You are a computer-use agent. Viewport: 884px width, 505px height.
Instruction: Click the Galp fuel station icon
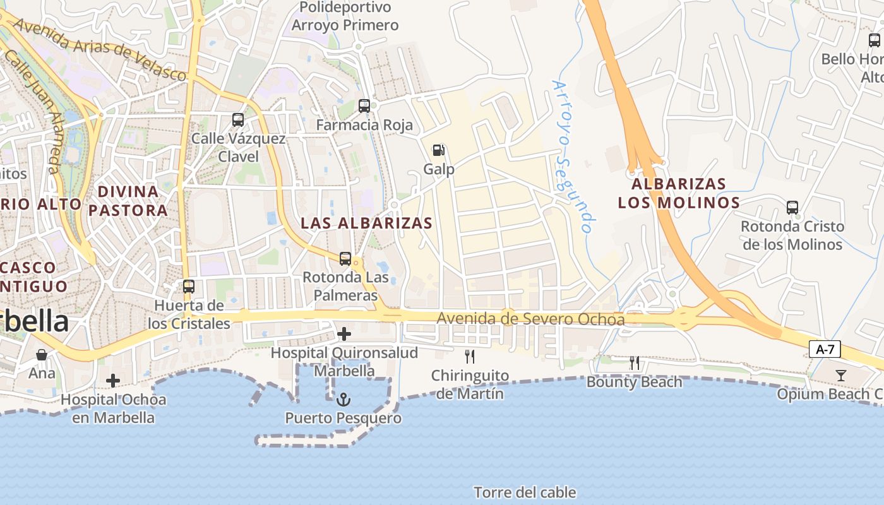tap(438, 150)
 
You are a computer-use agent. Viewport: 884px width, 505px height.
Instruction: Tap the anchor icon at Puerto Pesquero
tap(343, 399)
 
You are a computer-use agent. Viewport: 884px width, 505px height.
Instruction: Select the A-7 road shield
tap(824, 349)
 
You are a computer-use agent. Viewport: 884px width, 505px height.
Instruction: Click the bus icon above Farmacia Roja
tap(364, 106)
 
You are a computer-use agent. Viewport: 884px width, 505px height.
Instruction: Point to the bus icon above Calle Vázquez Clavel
tap(238, 119)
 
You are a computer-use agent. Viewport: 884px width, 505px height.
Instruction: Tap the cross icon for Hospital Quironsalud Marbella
tap(344, 333)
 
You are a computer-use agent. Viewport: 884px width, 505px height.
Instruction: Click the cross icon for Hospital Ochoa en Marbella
tap(113, 381)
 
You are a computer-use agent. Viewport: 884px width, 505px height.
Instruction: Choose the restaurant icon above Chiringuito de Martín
tap(469, 357)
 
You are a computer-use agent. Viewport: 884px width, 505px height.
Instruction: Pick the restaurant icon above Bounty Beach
tap(635, 363)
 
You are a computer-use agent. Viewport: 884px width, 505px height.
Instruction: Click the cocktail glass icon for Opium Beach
tap(840, 376)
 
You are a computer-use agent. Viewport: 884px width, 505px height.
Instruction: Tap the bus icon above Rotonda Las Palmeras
tap(345, 258)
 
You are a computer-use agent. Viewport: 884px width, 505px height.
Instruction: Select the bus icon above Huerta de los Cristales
tap(188, 287)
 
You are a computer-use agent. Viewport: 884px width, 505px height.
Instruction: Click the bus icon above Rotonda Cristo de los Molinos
tap(792, 207)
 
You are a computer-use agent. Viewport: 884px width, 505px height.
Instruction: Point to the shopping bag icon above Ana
tap(42, 354)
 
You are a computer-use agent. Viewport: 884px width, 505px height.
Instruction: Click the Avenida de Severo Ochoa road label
tap(530, 319)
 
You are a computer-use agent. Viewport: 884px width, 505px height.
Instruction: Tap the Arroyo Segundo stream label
tap(573, 157)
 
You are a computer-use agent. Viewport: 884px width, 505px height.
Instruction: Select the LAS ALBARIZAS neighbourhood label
tap(367, 223)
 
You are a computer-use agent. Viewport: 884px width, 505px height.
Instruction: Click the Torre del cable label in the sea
tap(525, 492)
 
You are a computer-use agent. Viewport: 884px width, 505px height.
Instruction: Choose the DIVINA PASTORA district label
tap(128, 201)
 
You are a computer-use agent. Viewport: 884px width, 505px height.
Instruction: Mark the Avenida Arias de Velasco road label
tap(100, 50)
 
